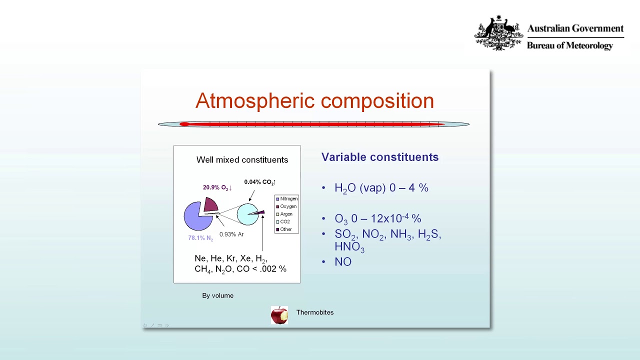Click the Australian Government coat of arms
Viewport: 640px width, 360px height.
tap(498, 33)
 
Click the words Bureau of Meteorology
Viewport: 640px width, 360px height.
tap(569, 46)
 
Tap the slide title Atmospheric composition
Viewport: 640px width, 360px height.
tap(314, 101)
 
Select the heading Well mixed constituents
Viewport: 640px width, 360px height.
tap(242, 160)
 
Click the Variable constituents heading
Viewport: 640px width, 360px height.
tap(380, 157)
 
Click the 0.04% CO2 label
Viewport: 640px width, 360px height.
tap(259, 182)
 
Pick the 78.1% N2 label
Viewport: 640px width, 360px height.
tap(200, 238)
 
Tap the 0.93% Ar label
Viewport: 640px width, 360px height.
tap(231, 234)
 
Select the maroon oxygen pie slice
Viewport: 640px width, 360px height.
tap(210, 204)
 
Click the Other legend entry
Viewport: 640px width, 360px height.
tap(285, 229)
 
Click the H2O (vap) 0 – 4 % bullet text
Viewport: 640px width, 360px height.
tap(381, 188)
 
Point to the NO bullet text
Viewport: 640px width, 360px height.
tap(343, 262)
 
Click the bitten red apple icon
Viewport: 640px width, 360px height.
tap(279, 315)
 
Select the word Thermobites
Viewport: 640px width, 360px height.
tap(315, 312)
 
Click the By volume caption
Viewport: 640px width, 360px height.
tap(217, 296)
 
